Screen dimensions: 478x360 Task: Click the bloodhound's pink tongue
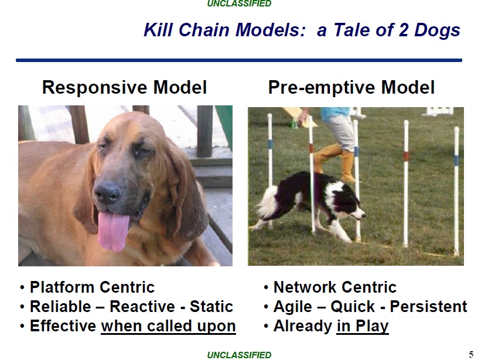click(x=113, y=231)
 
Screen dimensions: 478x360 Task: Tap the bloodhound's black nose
click(x=107, y=193)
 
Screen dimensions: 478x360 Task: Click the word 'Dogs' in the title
click(x=437, y=30)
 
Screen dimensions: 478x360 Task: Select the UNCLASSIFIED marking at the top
click(x=239, y=4)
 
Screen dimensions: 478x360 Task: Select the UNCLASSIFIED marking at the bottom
click(x=239, y=355)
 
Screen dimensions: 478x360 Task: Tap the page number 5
click(x=472, y=354)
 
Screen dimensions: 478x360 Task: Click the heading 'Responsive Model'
click(x=124, y=87)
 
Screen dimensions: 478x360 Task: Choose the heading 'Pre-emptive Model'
click(x=351, y=87)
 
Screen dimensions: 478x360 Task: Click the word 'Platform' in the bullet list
click(x=62, y=287)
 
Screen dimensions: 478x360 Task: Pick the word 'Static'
click(x=211, y=306)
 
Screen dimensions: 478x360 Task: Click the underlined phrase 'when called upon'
click(x=168, y=326)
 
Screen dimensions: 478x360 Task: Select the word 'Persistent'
click(x=429, y=306)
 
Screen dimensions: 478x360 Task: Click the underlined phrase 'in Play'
click(x=363, y=327)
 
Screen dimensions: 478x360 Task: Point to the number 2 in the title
click(x=403, y=30)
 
